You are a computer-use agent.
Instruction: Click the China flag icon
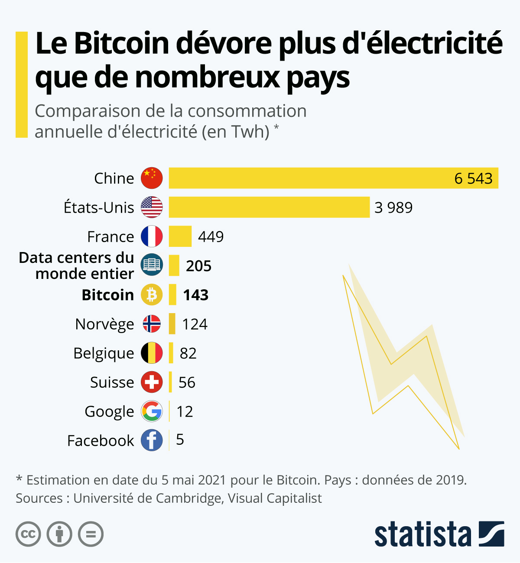coord(152,178)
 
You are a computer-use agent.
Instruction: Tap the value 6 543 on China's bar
coord(473,178)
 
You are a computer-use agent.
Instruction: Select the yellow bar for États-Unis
coord(269,207)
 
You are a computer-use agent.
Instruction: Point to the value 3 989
coord(393,207)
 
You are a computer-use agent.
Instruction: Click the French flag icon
coord(152,236)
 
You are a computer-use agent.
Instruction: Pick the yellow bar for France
coord(180,236)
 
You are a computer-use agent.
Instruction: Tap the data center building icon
coord(152,265)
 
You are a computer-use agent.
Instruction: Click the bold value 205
coord(198,266)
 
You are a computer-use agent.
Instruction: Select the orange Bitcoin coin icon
coord(152,295)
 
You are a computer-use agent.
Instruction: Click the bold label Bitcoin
coord(108,295)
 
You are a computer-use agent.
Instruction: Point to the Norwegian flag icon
coord(152,324)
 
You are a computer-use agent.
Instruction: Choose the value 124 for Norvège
coord(195,324)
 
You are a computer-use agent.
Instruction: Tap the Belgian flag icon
coord(152,353)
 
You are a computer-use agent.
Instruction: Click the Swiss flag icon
coord(152,382)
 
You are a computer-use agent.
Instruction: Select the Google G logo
coord(152,411)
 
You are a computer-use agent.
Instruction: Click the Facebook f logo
coord(152,440)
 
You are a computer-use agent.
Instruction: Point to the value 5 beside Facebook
coord(180,440)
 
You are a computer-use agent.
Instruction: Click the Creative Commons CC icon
coord(28,534)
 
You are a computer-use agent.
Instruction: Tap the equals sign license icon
coord(91,534)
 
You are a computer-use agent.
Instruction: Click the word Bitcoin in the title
coord(121,43)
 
